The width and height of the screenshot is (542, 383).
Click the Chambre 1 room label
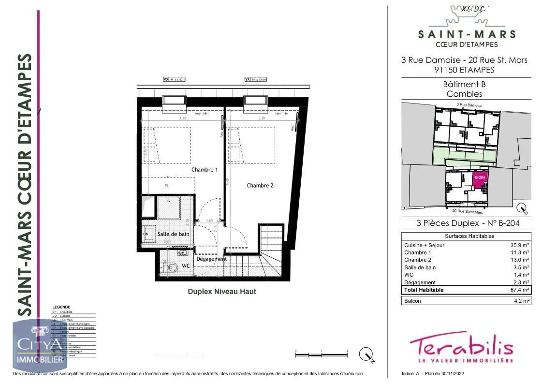pyautogui.click(x=205, y=170)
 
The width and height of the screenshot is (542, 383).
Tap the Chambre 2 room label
pyautogui.click(x=260, y=186)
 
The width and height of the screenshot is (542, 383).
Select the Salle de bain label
pyautogui.click(x=174, y=234)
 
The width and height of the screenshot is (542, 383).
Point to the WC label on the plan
pyautogui.click(x=186, y=266)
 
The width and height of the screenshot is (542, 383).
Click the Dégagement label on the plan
pyautogui.click(x=212, y=259)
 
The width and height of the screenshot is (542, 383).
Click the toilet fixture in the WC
pyautogui.click(x=171, y=266)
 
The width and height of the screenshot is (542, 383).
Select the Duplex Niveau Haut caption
pyautogui.click(x=222, y=292)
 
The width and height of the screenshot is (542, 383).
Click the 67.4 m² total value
pyautogui.click(x=520, y=290)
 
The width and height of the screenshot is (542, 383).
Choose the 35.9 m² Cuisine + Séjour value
pyautogui.click(x=520, y=245)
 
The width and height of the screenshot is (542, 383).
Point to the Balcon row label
pyautogui.click(x=412, y=301)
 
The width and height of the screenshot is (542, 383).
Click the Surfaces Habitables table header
pyautogui.click(x=466, y=236)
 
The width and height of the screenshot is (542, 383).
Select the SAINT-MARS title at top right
pyautogui.click(x=466, y=34)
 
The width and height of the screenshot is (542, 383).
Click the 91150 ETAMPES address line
pyautogui.click(x=464, y=69)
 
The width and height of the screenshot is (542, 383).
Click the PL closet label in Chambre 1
pyautogui.click(x=167, y=186)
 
